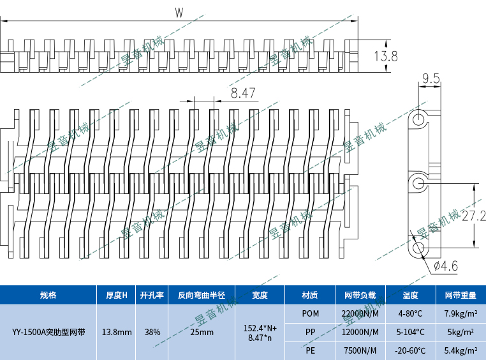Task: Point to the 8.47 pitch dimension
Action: (x=243, y=93)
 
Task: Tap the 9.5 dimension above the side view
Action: (x=431, y=79)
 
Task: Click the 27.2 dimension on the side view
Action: (x=474, y=216)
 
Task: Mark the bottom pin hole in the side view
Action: (x=418, y=246)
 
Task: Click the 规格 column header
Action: (x=48, y=295)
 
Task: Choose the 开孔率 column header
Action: (x=152, y=295)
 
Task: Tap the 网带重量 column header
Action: (x=460, y=295)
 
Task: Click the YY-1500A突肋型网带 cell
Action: (x=48, y=332)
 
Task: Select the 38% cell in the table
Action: (x=152, y=332)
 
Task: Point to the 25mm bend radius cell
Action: (x=202, y=332)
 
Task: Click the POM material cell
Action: (x=311, y=313)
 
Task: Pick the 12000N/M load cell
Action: (x=360, y=332)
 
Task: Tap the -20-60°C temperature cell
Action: (x=410, y=350)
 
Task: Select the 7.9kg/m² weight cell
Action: (x=460, y=313)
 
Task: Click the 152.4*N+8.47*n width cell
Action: (x=260, y=332)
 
